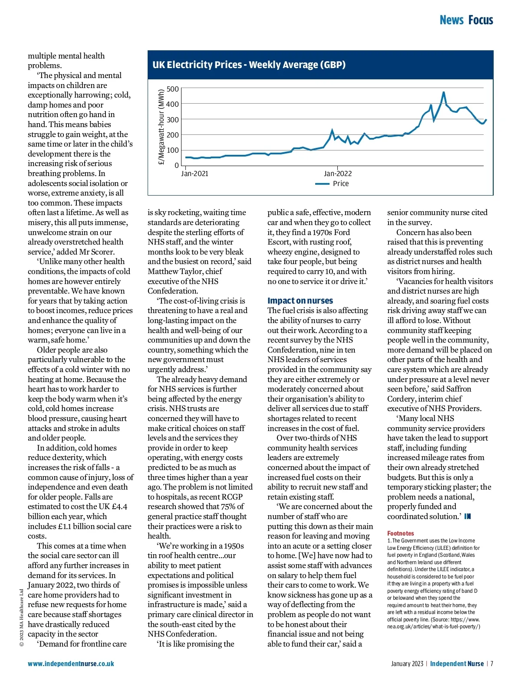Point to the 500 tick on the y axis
coord(173,89)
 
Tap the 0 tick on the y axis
coord(177,166)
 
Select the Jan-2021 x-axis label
coord(195,174)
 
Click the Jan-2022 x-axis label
coord(338,174)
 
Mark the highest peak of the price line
coord(443,92)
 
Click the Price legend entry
coord(340,184)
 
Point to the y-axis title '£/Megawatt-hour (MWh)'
coord(162,127)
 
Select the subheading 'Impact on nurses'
coord(300,301)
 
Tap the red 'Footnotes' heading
coord(400,533)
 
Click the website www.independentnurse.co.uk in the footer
coord(71,664)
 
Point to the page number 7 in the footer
coord(492,664)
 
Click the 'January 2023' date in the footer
coord(407,664)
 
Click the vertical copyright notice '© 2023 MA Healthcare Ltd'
coord(22,618)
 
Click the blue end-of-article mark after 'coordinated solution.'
coord(467,516)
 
